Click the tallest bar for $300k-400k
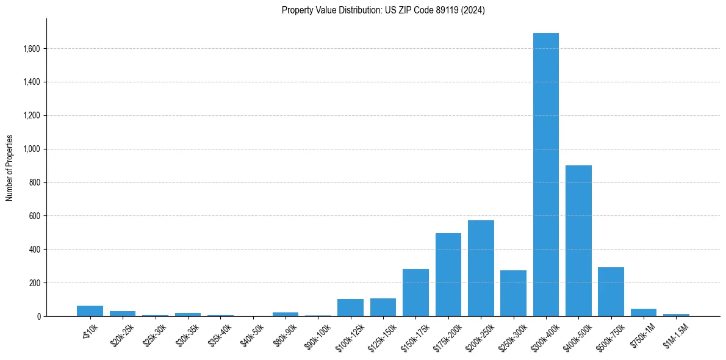[x=545, y=175]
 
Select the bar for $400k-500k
[x=578, y=241]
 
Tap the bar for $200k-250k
[x=481, y=268]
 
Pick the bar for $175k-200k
[x=448, y=275]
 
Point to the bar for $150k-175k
[x=415, y=293]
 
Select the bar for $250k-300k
[x=513, y=293]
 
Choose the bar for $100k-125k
[x=350, y=308]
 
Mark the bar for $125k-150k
[x=383, y=308]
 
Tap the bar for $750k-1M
[x=643, y=312]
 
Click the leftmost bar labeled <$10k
[x=90, y=311]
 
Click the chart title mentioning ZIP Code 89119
[x=383, y=10]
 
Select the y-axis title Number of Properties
[x=10, y=167]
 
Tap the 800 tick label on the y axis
[x=34, y=182]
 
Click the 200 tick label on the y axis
[x=34, y=283]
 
